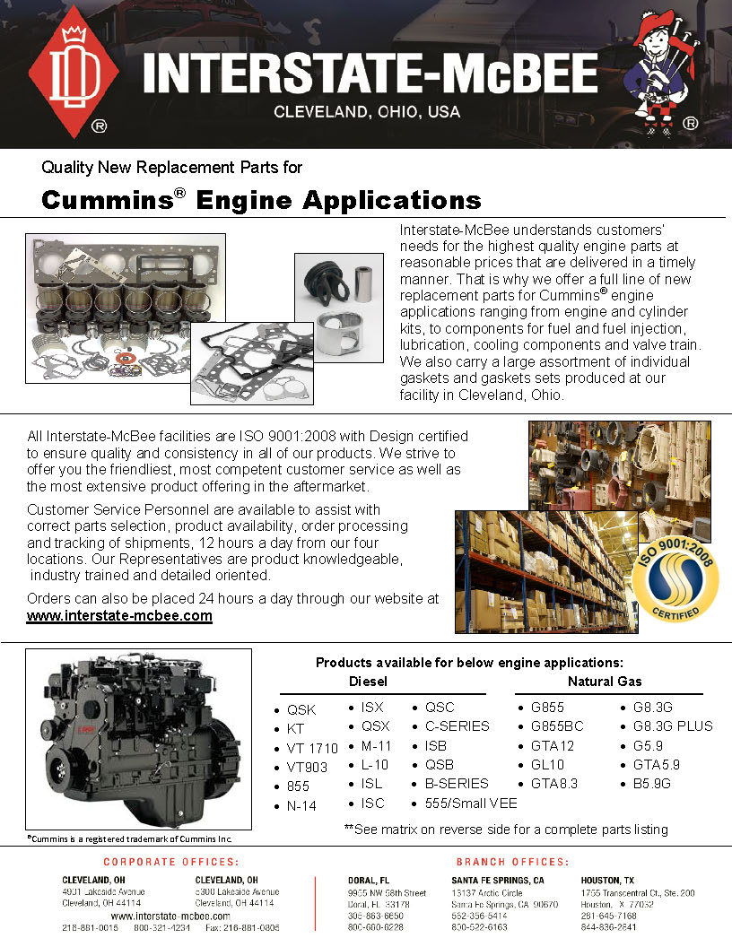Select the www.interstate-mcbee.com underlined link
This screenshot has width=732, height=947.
(x=119, y=616)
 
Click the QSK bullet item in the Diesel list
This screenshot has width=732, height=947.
(x=301, y=710)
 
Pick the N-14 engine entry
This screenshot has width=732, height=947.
(x=301, y=806)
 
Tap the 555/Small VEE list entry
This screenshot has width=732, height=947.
(x=471, y=803)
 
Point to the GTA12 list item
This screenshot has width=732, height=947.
(x=552, y=746)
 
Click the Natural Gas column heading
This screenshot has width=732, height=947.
(x=605, y=682)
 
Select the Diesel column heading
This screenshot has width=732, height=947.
(x=368, y=682)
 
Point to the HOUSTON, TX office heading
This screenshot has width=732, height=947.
(x=607, y=880)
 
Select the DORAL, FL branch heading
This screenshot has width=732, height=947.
(x=369, y=880)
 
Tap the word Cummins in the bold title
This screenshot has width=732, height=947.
(x=108, y=199)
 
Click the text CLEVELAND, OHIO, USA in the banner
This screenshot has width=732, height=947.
(x=366, y=112)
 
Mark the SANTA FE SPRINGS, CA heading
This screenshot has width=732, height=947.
(x=497, y=880)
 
